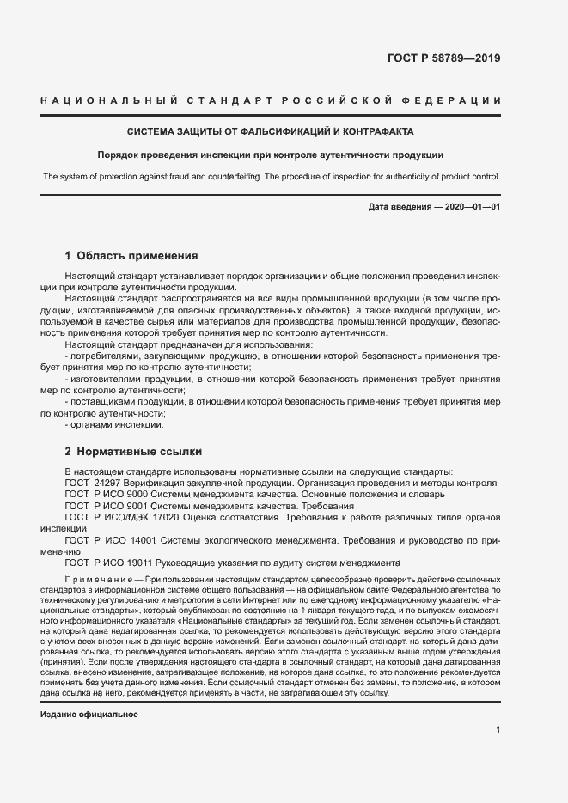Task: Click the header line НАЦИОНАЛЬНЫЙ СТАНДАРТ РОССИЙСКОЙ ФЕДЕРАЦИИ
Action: pos(271,101)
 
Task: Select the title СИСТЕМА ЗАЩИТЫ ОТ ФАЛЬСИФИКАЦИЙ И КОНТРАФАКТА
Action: pos(271,132)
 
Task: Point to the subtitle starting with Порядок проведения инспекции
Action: pos(271,155)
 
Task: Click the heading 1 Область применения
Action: pos(132,255)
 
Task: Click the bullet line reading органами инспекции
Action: pos(116,424)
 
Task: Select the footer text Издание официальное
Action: pos(89,715)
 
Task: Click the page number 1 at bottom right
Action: pos(498,729)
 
